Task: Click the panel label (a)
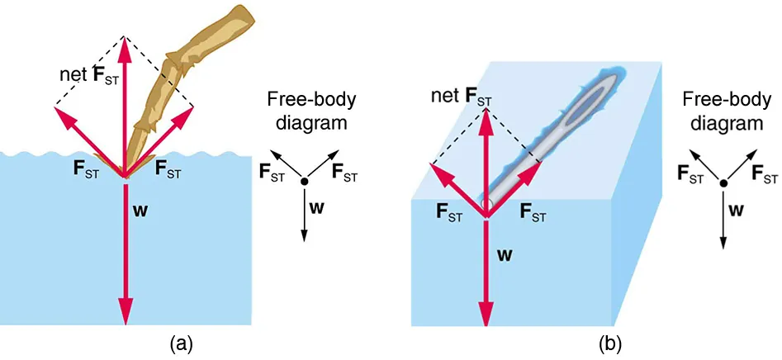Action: (181, 341)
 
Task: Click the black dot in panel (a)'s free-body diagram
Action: (305, 182)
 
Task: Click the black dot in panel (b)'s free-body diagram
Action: (723, 183)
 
